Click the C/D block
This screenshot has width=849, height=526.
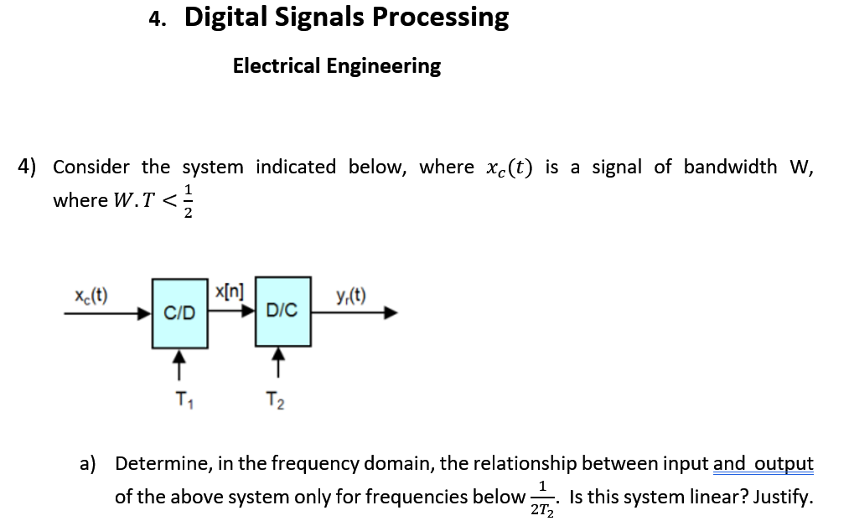(x=179, y=313)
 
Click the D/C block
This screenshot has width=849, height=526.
(x=282, y=312)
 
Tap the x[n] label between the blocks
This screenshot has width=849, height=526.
(x=229, y=292)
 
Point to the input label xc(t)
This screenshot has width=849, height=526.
(x=90, y=296)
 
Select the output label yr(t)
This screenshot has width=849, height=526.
(x=349, y=295)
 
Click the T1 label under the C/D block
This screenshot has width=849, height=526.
(x=181, y=399)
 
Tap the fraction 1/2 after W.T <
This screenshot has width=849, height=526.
(x=189, y=201)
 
